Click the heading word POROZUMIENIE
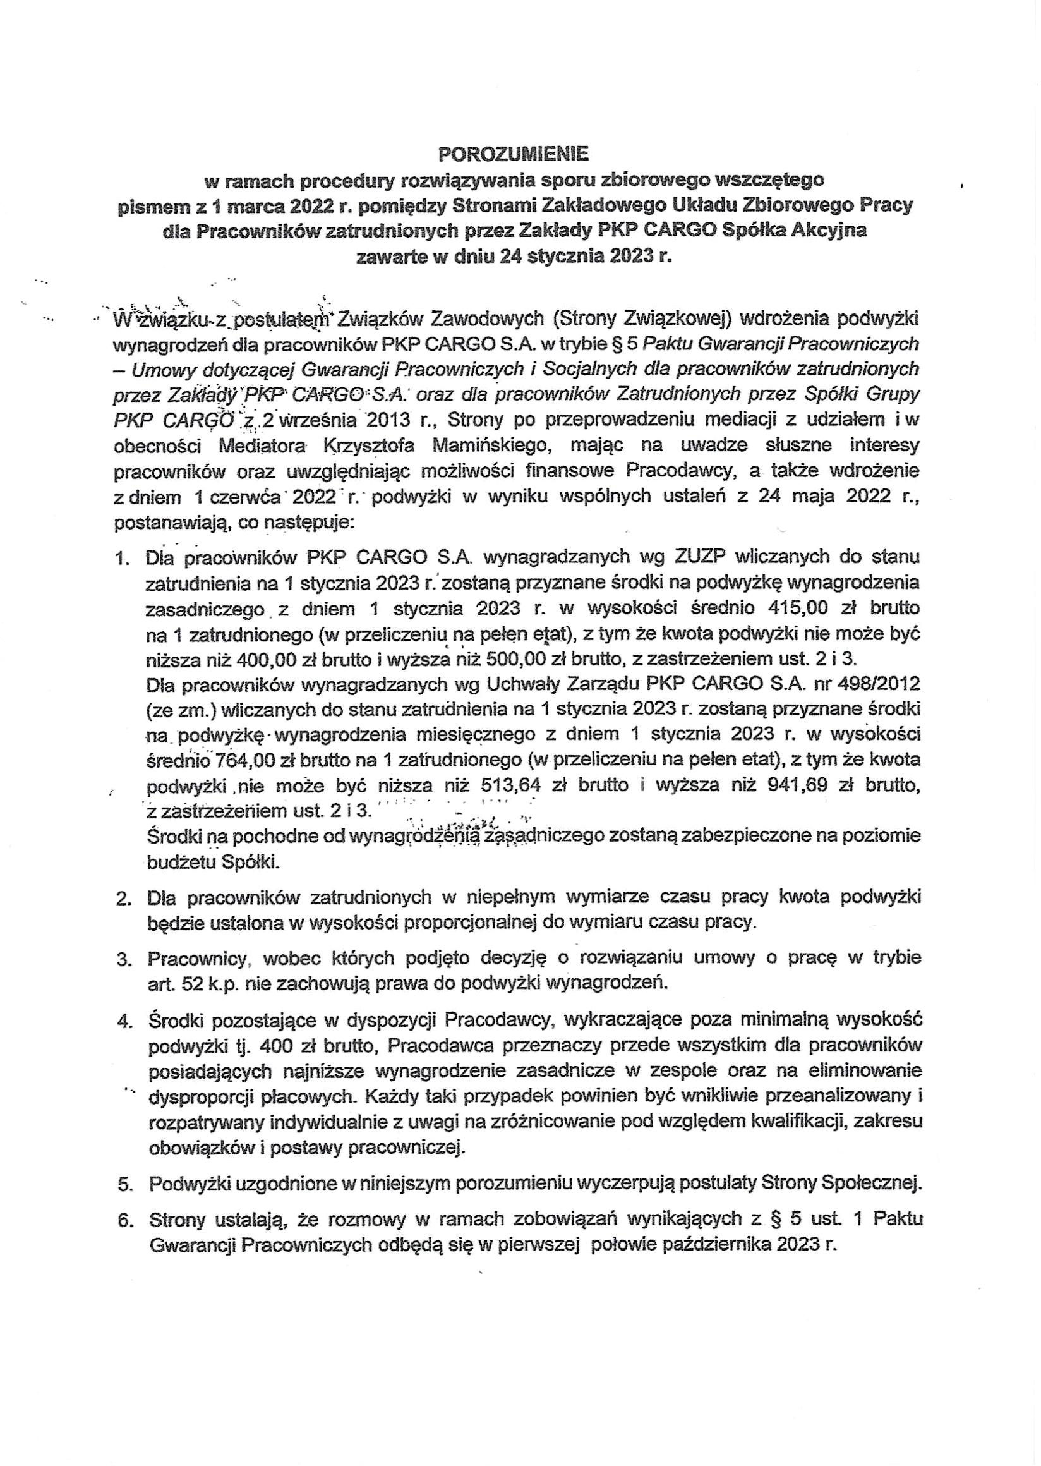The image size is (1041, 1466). pyautogui.click(x=513, y=154)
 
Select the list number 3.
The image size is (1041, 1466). pyautogui.click(x=124, y=959)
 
